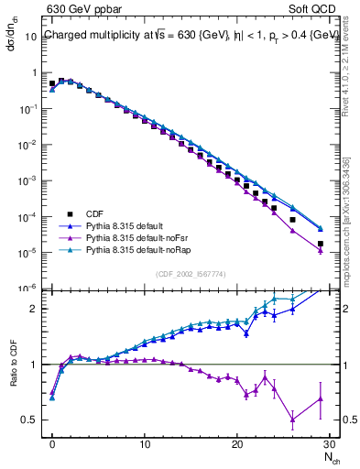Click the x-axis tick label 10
[x=145, y=443]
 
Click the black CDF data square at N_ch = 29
[x=320, y=244]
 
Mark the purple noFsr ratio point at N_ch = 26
[x=292, y=420]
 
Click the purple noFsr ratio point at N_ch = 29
[x=320, y=398]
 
